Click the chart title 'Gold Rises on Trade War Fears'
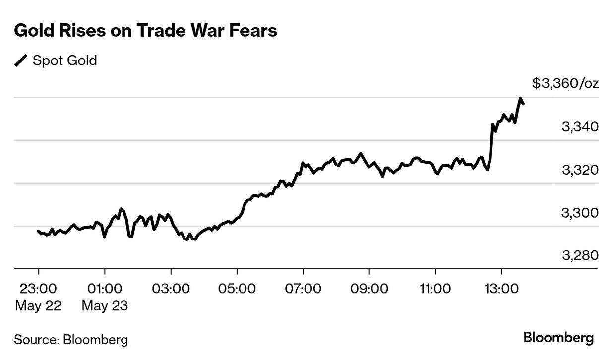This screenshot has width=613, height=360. [x=145, y=31]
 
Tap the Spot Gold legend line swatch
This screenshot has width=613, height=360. [x=22, y=61]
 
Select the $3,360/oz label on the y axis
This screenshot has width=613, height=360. [x=565, y=83]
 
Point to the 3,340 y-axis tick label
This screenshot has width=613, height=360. [x=580, y=127]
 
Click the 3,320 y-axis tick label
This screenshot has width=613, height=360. [x=580, y=170]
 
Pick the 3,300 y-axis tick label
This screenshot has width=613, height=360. [x=580, y=213]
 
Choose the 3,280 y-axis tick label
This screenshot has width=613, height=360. [x=580, y=256]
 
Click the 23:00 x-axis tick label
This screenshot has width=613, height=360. [x=38, y=288]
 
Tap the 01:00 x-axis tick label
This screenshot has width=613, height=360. [x=105, y=288]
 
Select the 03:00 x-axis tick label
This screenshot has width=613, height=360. [x=171, y=288]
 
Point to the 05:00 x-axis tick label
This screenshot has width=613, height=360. [x=237, y=288]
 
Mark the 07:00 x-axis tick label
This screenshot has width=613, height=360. [x=303, y=288]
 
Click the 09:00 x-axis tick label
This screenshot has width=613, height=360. [x=369, y=288]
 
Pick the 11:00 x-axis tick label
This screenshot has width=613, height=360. [x=435, y=288]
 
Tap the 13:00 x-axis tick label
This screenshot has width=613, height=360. [x=501, y=288]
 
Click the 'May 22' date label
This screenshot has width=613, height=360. [x=38, y=306]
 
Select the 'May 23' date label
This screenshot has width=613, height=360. [x=105, y=306]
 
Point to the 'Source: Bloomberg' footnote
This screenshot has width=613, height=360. [x=71, y=340]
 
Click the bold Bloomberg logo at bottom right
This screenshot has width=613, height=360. [x=558, y=339]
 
